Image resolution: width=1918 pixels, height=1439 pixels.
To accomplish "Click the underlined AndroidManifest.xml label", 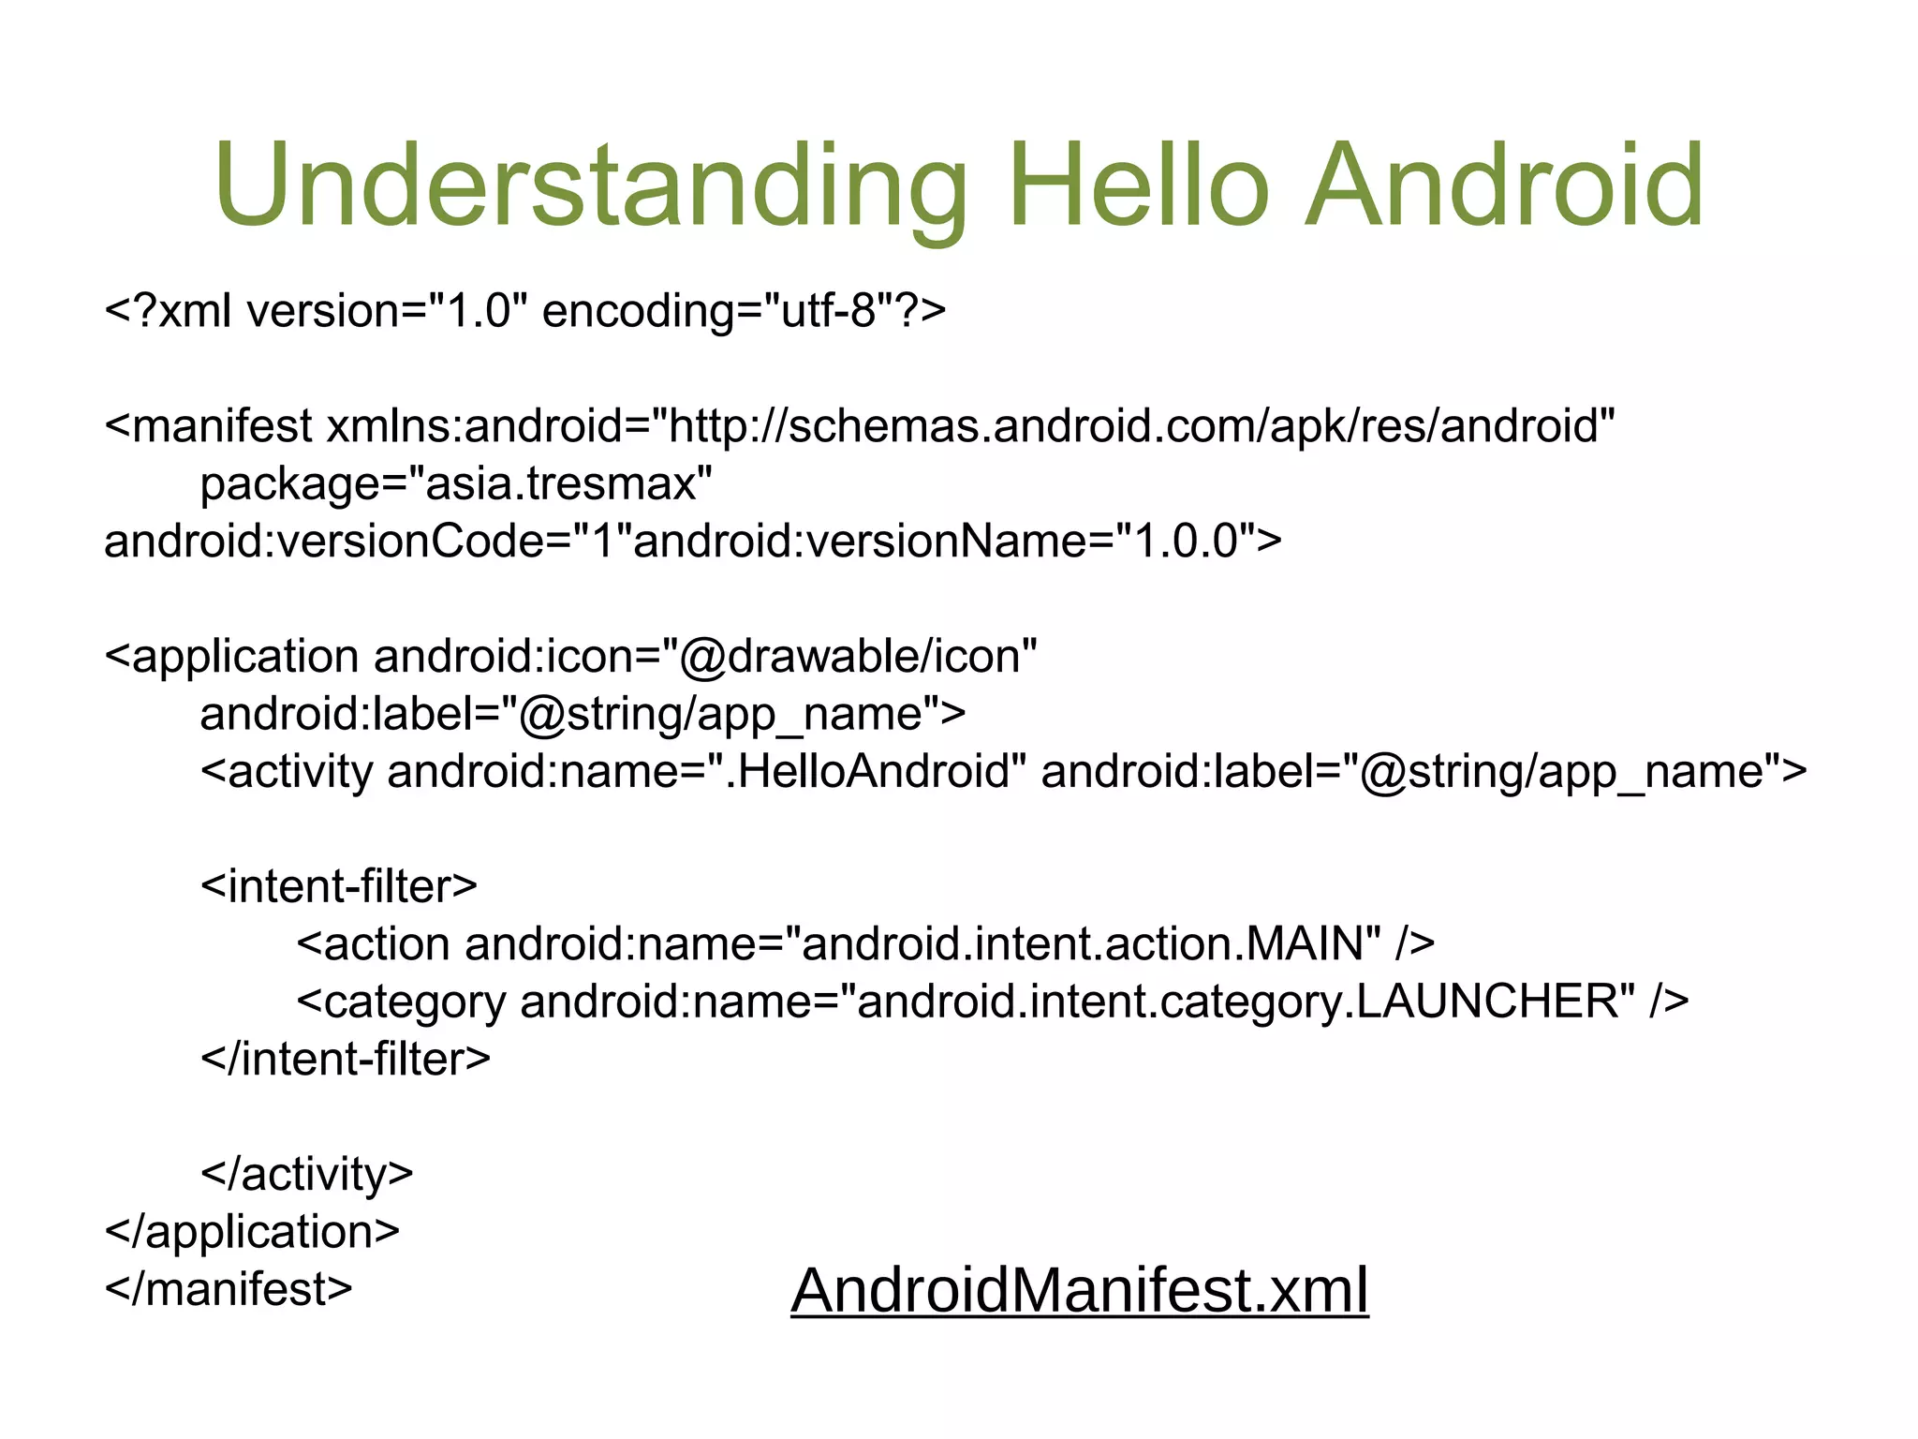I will [1079, 1290].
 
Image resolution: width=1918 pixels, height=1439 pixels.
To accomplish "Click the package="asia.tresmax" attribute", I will [456, 484].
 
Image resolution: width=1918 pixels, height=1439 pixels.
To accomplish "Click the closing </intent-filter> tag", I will [346, 1060].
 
